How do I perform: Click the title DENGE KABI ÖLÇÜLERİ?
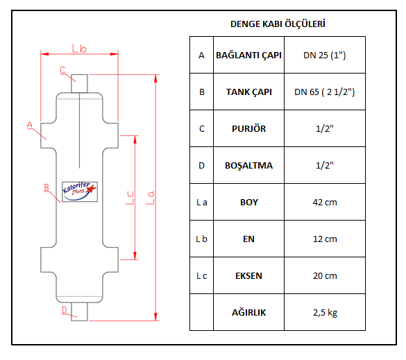(278, 24)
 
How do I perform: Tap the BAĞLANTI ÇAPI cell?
(248, 55)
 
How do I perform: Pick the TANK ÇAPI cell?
(248, 92)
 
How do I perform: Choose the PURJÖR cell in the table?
(248, 128)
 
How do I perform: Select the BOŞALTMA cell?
(248, 165)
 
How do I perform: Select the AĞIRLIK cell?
(248, 312)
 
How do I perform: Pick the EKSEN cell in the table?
(248, 275)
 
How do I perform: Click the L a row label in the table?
(201, 202)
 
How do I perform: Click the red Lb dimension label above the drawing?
(79, 48)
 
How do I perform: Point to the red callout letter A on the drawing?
(30, 125)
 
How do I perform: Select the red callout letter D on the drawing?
(64, 310)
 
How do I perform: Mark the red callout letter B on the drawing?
(46, 188)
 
